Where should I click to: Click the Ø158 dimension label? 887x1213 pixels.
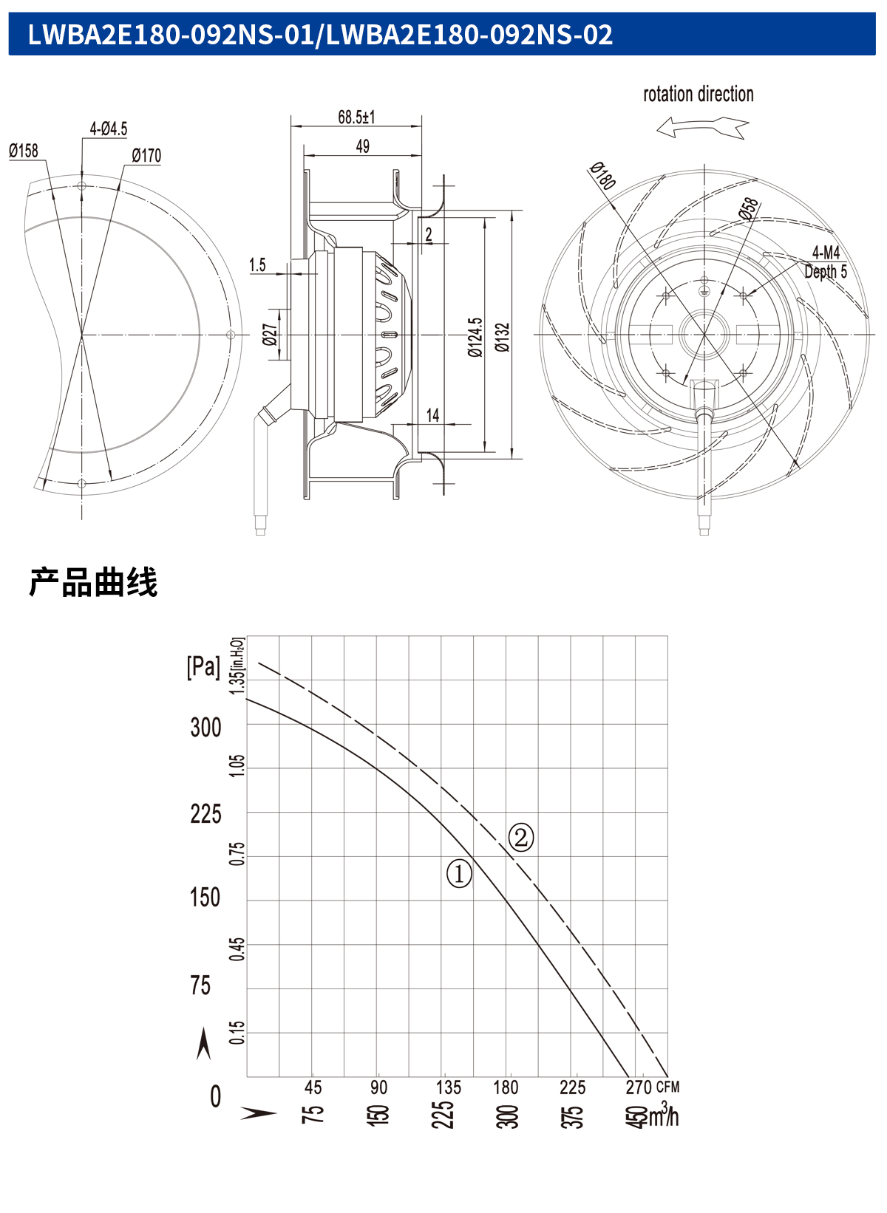click(x=24, y=151)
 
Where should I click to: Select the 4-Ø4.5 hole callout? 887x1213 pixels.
click(x=109, y=129)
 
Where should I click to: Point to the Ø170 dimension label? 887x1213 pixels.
click(x=146, y=156)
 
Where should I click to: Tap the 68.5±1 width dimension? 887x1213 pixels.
click(x=356, y=117)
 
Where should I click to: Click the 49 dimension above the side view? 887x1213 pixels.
click(x=362, y=146)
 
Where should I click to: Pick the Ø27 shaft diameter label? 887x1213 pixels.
click(x=270, y=335)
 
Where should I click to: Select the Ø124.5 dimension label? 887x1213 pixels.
click(x=475, y=337)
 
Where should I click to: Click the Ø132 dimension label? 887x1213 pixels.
click(x=503, y=338)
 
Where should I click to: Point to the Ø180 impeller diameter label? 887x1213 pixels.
click(x=602, y=176)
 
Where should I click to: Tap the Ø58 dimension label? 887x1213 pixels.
click(x=748, y=208)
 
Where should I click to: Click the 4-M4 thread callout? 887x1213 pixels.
click(x=826, y=252)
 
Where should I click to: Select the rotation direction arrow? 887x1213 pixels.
click(x=703, y=127)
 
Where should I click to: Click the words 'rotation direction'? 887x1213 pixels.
click(x=699, y=95)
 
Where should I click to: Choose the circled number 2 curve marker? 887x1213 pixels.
click(x=520, y=838)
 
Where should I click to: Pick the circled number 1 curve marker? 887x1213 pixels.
click(x=459, y=873)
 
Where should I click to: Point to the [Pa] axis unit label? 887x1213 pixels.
click(x=203, y=666)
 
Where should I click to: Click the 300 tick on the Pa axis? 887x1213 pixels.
click(x=206, y=728)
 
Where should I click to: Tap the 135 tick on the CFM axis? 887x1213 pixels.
click(x=449, y=1087)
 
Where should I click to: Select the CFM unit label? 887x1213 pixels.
click(x=667, y=1087)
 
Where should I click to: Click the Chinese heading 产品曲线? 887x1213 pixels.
click(x=93, y=583)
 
